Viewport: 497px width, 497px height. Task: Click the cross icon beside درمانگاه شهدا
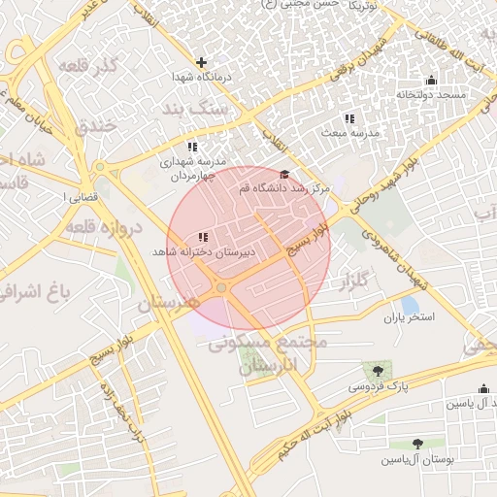[x=201, y=62]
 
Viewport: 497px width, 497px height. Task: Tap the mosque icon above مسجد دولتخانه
[x=431, y=80]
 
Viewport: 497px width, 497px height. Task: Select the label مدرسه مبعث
[x=356, y=132]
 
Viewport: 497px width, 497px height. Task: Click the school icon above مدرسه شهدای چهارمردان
[x=192, y=146]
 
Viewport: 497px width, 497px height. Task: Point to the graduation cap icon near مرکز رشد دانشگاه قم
[x=283, y=174]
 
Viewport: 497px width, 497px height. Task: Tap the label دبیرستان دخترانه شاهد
[x=203, y=251]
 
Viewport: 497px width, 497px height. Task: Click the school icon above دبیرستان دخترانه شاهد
[x=203, y=237]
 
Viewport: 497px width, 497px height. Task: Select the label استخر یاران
[x=409, y=316]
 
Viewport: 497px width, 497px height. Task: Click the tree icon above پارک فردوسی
[x=378, y=371]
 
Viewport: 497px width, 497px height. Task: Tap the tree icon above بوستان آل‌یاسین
[x=417, y=444]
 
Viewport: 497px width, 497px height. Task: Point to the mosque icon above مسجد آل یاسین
[x=483, y=388]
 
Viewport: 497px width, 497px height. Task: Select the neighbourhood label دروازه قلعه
[x=106, y=227]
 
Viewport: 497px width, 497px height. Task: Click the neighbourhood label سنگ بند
[x=195, y=110]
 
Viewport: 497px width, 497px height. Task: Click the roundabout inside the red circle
[x=222, y=288]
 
